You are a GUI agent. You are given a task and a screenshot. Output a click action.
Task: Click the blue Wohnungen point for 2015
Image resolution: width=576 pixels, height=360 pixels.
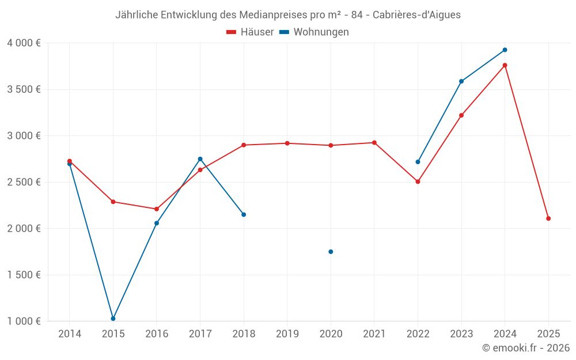point(113,319)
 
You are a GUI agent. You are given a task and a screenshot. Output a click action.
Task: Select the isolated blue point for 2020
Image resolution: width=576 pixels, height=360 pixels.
point(331,252)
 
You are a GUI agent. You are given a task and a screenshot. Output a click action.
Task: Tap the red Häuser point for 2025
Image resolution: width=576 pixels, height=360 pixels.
point(548,218)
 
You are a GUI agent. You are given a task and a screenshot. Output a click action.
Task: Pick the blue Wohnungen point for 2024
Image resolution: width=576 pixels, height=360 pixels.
point(505,50)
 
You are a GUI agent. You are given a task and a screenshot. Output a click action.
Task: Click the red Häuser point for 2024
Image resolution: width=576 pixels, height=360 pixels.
point(505,65)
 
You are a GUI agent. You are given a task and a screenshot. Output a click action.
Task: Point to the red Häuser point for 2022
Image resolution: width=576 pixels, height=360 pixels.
point(418,181)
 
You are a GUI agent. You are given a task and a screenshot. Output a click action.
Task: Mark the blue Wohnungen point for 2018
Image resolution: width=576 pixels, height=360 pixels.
point(244,214)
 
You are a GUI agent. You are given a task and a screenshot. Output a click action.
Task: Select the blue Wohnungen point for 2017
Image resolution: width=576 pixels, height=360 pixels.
point(200,159)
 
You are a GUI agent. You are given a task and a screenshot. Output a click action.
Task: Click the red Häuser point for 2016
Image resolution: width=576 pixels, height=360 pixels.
point(157,209)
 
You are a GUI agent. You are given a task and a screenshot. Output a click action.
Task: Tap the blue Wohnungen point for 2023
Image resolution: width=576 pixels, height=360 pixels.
point(461,81)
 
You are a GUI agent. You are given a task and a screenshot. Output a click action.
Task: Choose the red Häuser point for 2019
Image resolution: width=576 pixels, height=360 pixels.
point(287,143)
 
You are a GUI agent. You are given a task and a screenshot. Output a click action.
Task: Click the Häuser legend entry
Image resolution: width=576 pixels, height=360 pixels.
point(250,32)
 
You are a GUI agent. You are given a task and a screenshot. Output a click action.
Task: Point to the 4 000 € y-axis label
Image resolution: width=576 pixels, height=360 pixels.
point(24,43)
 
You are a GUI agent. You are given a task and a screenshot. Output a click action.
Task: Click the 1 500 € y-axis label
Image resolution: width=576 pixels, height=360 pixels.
point(24,275)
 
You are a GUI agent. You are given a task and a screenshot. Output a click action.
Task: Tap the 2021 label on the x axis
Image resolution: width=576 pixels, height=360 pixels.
point(374,334)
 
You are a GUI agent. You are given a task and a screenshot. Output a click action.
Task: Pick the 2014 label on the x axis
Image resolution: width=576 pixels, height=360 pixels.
point(70,334)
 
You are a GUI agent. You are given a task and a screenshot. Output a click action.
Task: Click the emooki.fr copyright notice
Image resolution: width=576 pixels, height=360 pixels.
point(525,348)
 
